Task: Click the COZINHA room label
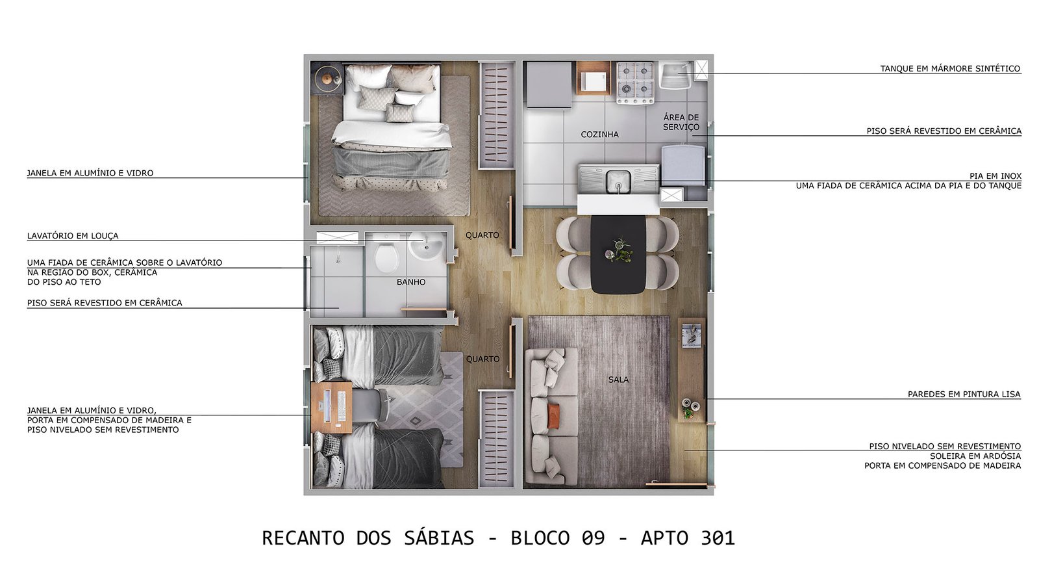click(600, 135)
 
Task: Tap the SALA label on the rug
click(618, 380)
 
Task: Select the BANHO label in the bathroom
click(411, 282)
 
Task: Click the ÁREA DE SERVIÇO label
click(681, 122)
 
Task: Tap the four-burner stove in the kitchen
click(635, 83)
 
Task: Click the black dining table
click(618, 253)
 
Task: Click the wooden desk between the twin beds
click(331, 408)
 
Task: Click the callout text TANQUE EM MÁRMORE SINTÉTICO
click(951, 69)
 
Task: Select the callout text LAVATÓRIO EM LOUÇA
click(73, 236)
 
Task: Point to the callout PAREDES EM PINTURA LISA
click(964, 394)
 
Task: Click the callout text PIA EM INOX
click(995, 176)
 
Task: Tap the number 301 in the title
click(718, 539)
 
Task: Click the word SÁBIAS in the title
click(439, 538)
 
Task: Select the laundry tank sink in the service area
click(676, 75)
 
